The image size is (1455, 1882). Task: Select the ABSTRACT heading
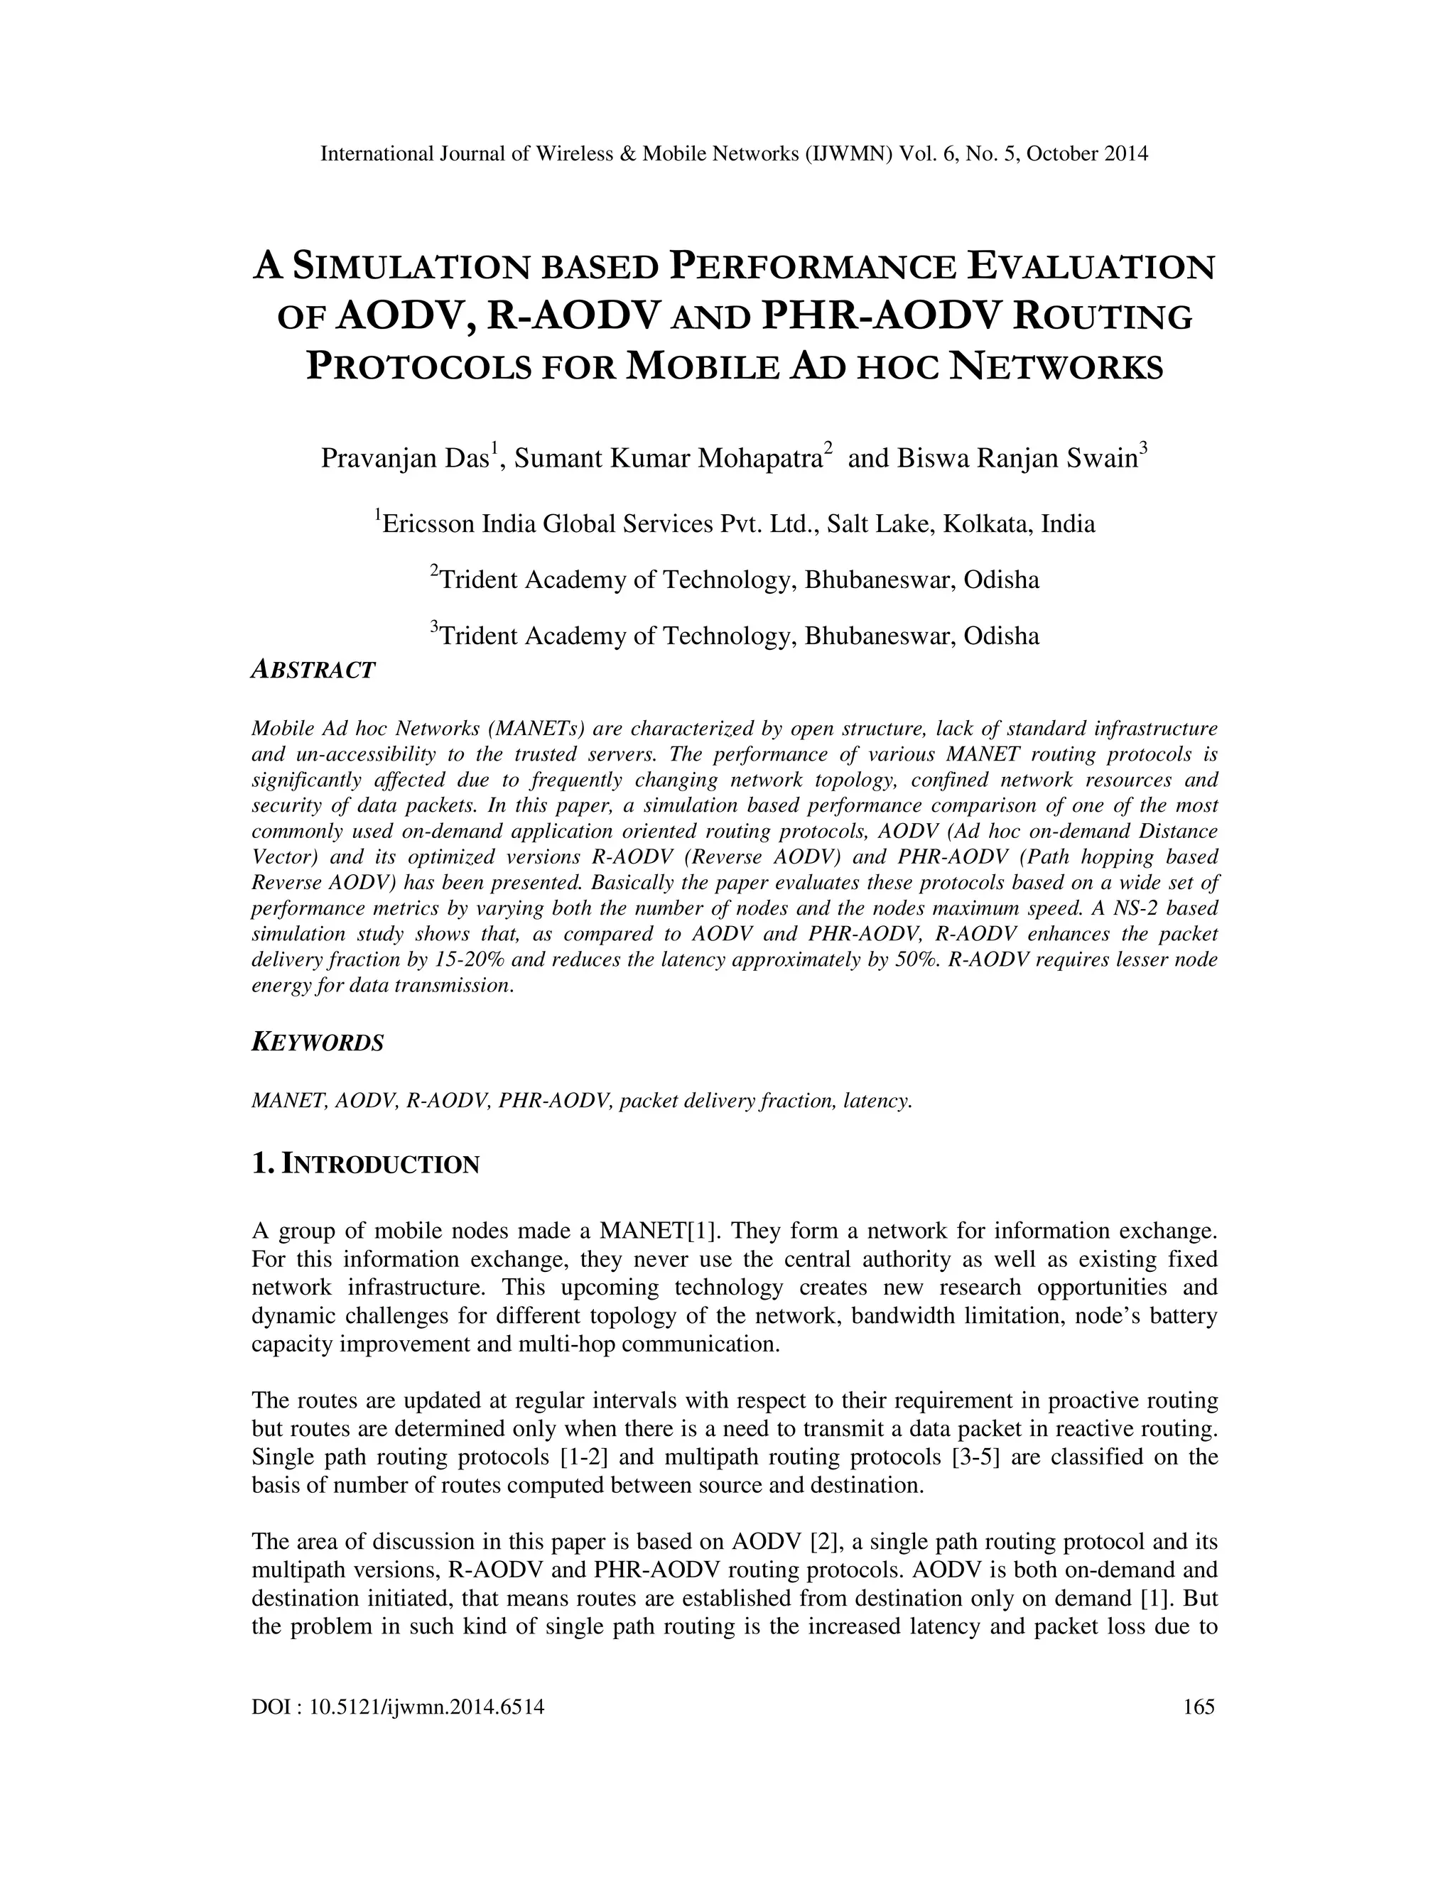[x=313, y=670]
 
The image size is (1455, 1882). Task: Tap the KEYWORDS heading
[x=317, y=1043]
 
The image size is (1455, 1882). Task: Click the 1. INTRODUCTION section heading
[x=365, y=1164]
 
